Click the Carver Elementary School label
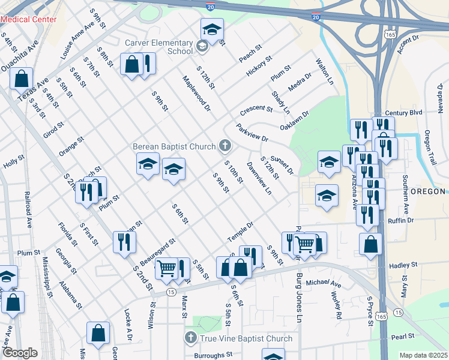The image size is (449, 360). tap(159, 47)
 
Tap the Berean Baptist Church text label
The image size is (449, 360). tap(174, 146)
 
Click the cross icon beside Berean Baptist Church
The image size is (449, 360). tap(225, 145)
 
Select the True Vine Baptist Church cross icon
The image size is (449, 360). tap(191, 338)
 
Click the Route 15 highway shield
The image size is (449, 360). tap(171, 292)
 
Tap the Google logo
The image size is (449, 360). tap(19, 353)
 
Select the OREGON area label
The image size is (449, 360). tap(427, 191)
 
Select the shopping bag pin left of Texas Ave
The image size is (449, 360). tap(21, 79)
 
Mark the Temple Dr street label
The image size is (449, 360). tap(241, 232)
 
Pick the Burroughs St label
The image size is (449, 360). tap(213, 355)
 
